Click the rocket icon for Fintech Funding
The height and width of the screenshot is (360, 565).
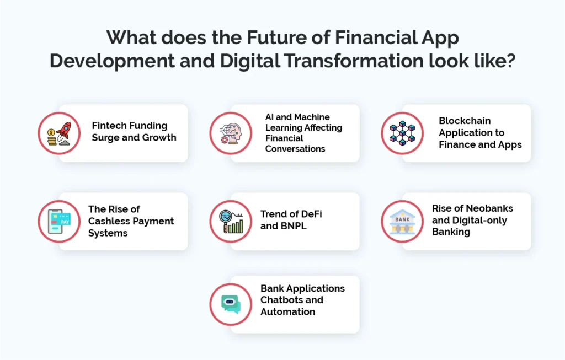[59, 133]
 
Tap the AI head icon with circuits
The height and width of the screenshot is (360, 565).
[231, 133]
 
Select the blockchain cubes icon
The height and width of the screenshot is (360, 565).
[402, 133]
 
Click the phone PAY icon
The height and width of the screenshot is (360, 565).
[59, 221]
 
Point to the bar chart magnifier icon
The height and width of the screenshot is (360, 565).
[231, 221]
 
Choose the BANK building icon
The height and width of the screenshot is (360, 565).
[402, 221]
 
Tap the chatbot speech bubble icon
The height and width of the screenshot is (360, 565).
[231, 304]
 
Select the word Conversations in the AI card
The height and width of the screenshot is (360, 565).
[295, 149]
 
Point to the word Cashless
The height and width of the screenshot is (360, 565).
[108, 221]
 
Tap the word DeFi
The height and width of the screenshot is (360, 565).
[310, 214]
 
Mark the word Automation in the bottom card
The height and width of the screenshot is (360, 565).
[287, 312]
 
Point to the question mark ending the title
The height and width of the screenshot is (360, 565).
[510, 60]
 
